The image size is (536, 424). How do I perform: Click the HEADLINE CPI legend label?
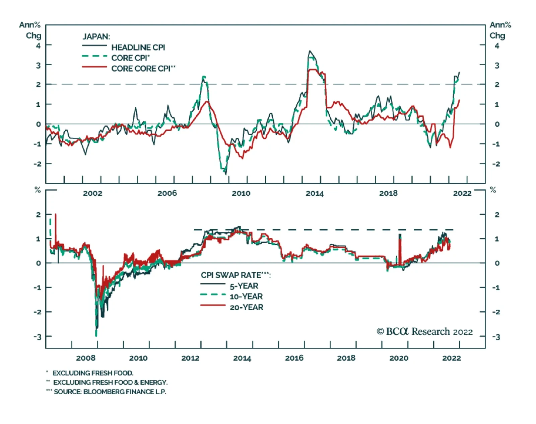[138, 47]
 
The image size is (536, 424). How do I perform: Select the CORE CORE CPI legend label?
[143, 69]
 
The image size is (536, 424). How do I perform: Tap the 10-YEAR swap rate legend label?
[246, 297]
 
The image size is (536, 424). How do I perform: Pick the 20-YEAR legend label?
[246, 307]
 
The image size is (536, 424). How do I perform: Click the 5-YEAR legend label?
[244, 286]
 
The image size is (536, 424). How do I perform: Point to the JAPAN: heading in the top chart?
[96, 36]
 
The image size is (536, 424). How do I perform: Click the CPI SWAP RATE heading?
[236, 275]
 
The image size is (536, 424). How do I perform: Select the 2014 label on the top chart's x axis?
[315, 193]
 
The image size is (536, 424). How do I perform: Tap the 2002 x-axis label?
[92, 193]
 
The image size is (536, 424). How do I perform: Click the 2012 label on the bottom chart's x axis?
[190, 358]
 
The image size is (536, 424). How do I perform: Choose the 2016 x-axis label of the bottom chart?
[294, 358]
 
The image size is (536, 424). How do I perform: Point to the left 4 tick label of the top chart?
[38, 45]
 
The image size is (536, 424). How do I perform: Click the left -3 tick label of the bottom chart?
[38, 337]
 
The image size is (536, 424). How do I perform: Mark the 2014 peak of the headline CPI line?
[310, 51]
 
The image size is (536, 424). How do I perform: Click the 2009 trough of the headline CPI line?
[226, 174]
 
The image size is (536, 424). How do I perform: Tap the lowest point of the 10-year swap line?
[96, 335]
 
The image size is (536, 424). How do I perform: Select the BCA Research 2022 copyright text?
[424, 331]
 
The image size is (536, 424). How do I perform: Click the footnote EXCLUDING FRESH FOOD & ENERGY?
[110, 382]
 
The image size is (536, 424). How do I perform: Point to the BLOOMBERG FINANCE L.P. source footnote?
[110, 392]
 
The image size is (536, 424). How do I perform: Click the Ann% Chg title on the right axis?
[500, 30]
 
